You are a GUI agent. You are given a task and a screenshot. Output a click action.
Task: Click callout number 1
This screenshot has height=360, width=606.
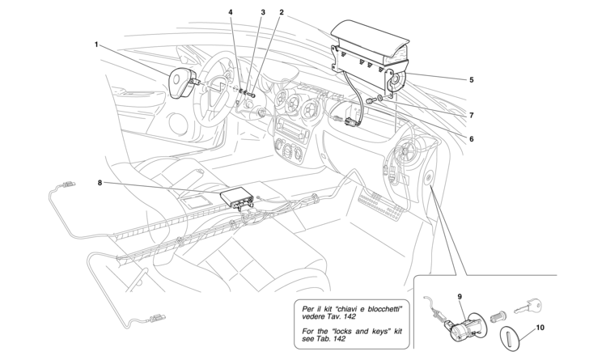96,44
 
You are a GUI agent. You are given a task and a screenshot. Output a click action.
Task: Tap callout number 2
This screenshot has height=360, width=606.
281,13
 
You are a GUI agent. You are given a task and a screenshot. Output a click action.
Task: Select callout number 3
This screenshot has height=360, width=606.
263,13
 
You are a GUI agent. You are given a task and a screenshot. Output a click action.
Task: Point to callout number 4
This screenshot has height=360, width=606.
231,13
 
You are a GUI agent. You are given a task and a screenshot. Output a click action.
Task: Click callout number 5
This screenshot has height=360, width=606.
471,80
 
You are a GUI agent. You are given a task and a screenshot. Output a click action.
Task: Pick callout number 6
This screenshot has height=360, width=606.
470,138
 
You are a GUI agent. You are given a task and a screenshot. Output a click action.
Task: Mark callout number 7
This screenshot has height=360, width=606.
471,116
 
